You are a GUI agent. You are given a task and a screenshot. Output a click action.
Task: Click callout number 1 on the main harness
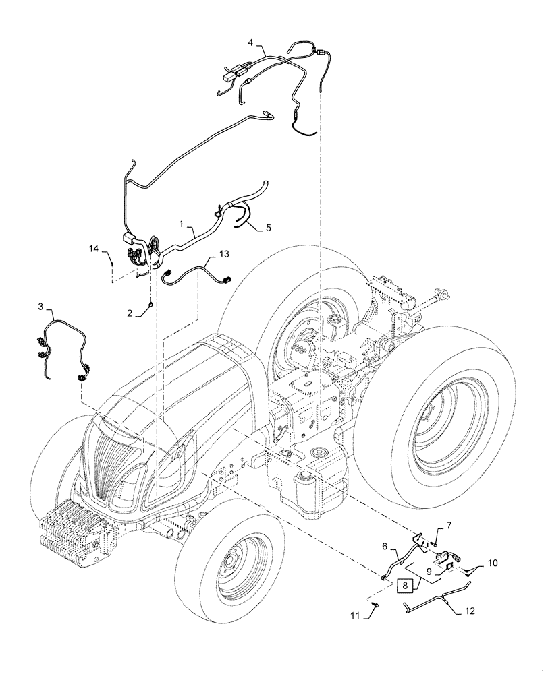click(x=182, y=222)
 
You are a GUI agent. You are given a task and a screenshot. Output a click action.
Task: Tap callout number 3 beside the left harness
click(x=41, y=307)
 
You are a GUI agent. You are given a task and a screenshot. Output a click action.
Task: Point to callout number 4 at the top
click(x=251, y=42)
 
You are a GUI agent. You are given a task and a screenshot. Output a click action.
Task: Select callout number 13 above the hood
click(x=224, y=253)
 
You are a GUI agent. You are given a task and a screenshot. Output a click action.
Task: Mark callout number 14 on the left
click(x=93, y=249)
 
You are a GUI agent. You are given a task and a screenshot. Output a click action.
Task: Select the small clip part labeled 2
click(x=148, y=308)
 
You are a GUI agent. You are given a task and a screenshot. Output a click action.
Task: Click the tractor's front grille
click(x=115, y=465)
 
